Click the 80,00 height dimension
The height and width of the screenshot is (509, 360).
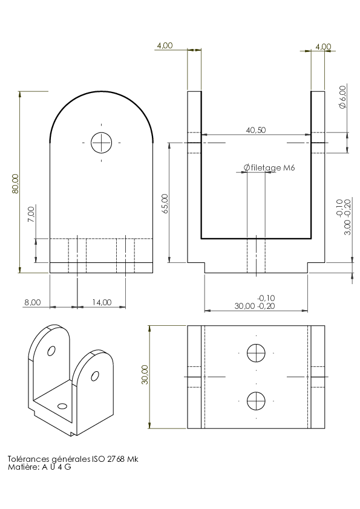click(x=16, y=184)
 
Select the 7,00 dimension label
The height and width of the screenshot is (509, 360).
click(x=31, y=214)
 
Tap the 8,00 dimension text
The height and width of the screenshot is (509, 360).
click(x=33, y=302)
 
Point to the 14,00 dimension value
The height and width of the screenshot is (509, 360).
click(x=102, y=302)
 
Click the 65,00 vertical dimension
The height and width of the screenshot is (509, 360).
click(x=165, y=203)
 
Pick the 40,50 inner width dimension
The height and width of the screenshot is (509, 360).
click(x=256, y=130)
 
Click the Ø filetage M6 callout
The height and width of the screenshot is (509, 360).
click(x=269, y=167)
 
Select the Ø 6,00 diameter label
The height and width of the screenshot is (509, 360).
click(x=342, y=97)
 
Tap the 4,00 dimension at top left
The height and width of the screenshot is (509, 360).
click(x=165, y=46)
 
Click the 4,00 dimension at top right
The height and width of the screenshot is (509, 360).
click(x=323, y=47)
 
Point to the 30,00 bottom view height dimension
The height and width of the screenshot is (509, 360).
click(x=145, y=374)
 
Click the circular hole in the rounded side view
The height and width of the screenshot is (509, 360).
click(x=102, y=143)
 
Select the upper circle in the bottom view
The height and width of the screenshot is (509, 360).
click(x=256, y=353)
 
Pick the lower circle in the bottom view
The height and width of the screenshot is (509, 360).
click(x=256, y=401)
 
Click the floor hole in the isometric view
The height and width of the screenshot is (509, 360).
click(x=62, y=406)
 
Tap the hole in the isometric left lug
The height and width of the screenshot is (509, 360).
click(x=51, y=351)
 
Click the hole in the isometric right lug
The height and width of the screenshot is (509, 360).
click(x=95, y=376)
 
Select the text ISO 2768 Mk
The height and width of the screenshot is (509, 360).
click(x=115, y=459)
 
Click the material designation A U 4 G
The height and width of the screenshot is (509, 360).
click(x=56, y=467)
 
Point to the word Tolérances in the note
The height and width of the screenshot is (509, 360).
click(x=28, y=459)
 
